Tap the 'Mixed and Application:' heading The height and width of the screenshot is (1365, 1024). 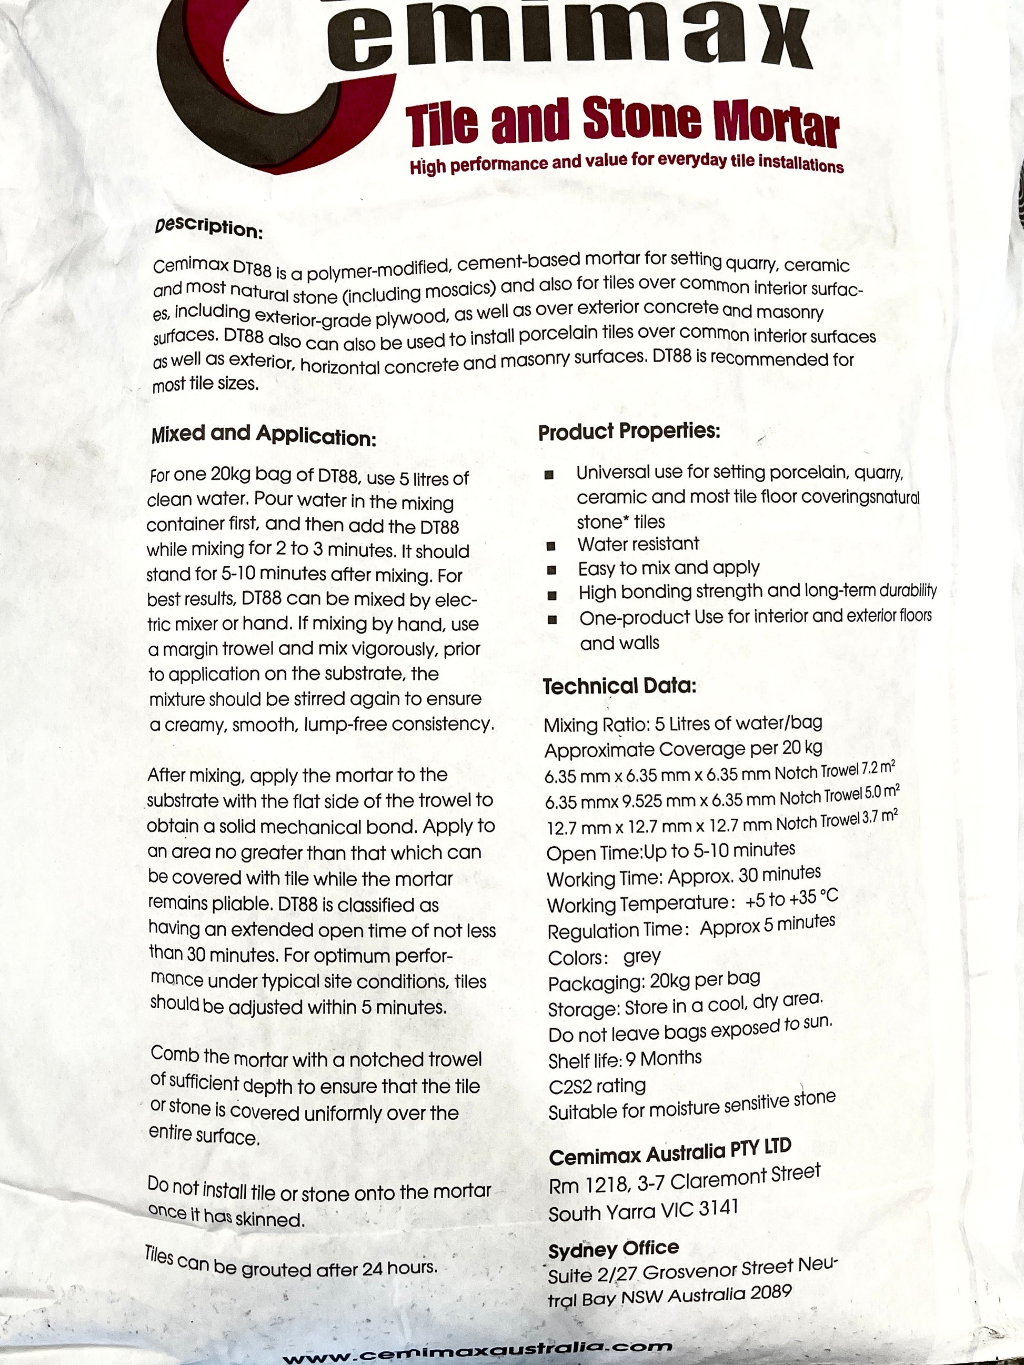[263, 436]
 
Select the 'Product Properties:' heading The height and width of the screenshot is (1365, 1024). [629, 431]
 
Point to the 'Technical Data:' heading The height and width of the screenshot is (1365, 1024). [619, 686]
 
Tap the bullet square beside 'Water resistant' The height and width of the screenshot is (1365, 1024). [550, 546]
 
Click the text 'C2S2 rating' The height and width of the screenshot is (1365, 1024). [597, 1086]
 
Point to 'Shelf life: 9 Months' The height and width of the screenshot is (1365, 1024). [625, 1060]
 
